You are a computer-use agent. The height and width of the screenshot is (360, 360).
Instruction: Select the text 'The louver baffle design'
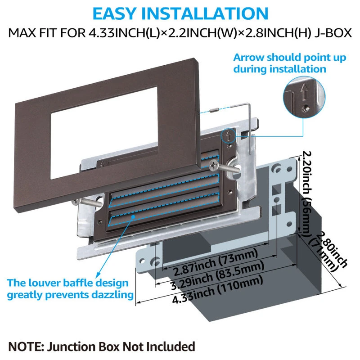point(67,283)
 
